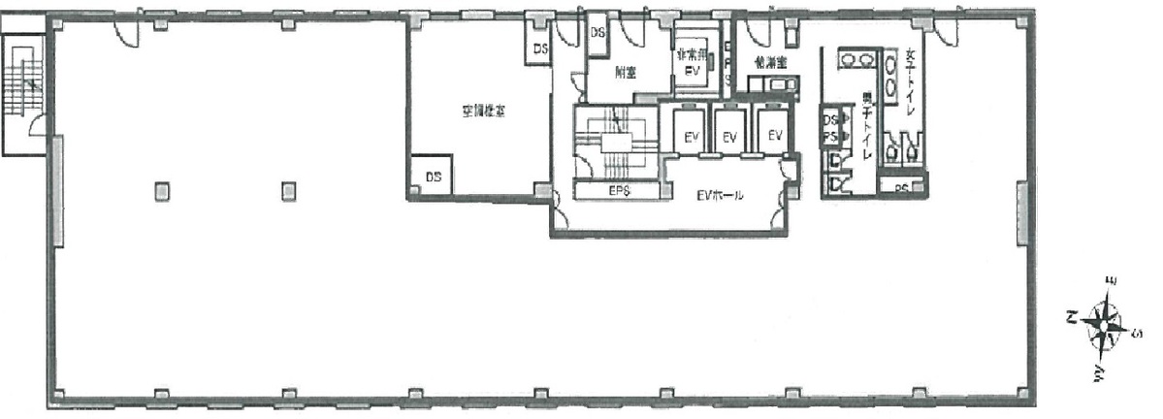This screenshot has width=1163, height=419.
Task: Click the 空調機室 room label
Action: pyautogui.click(x=482, y=112)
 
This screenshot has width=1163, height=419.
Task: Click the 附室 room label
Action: pyautogui.click(x=625, y=72)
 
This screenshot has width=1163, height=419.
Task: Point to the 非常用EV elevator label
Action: pyautogui.click(x=691, y=62)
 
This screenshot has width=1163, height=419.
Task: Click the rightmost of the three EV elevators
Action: pyautogui.click(x=774, y=137)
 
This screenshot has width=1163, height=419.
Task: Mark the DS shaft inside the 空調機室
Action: pyautogui.click(x=434, y=177)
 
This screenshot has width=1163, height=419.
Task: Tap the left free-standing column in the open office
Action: pyautogui.click(x=160, y=191)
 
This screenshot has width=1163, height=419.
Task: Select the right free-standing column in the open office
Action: pyautogui.click(x=288, y=191)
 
